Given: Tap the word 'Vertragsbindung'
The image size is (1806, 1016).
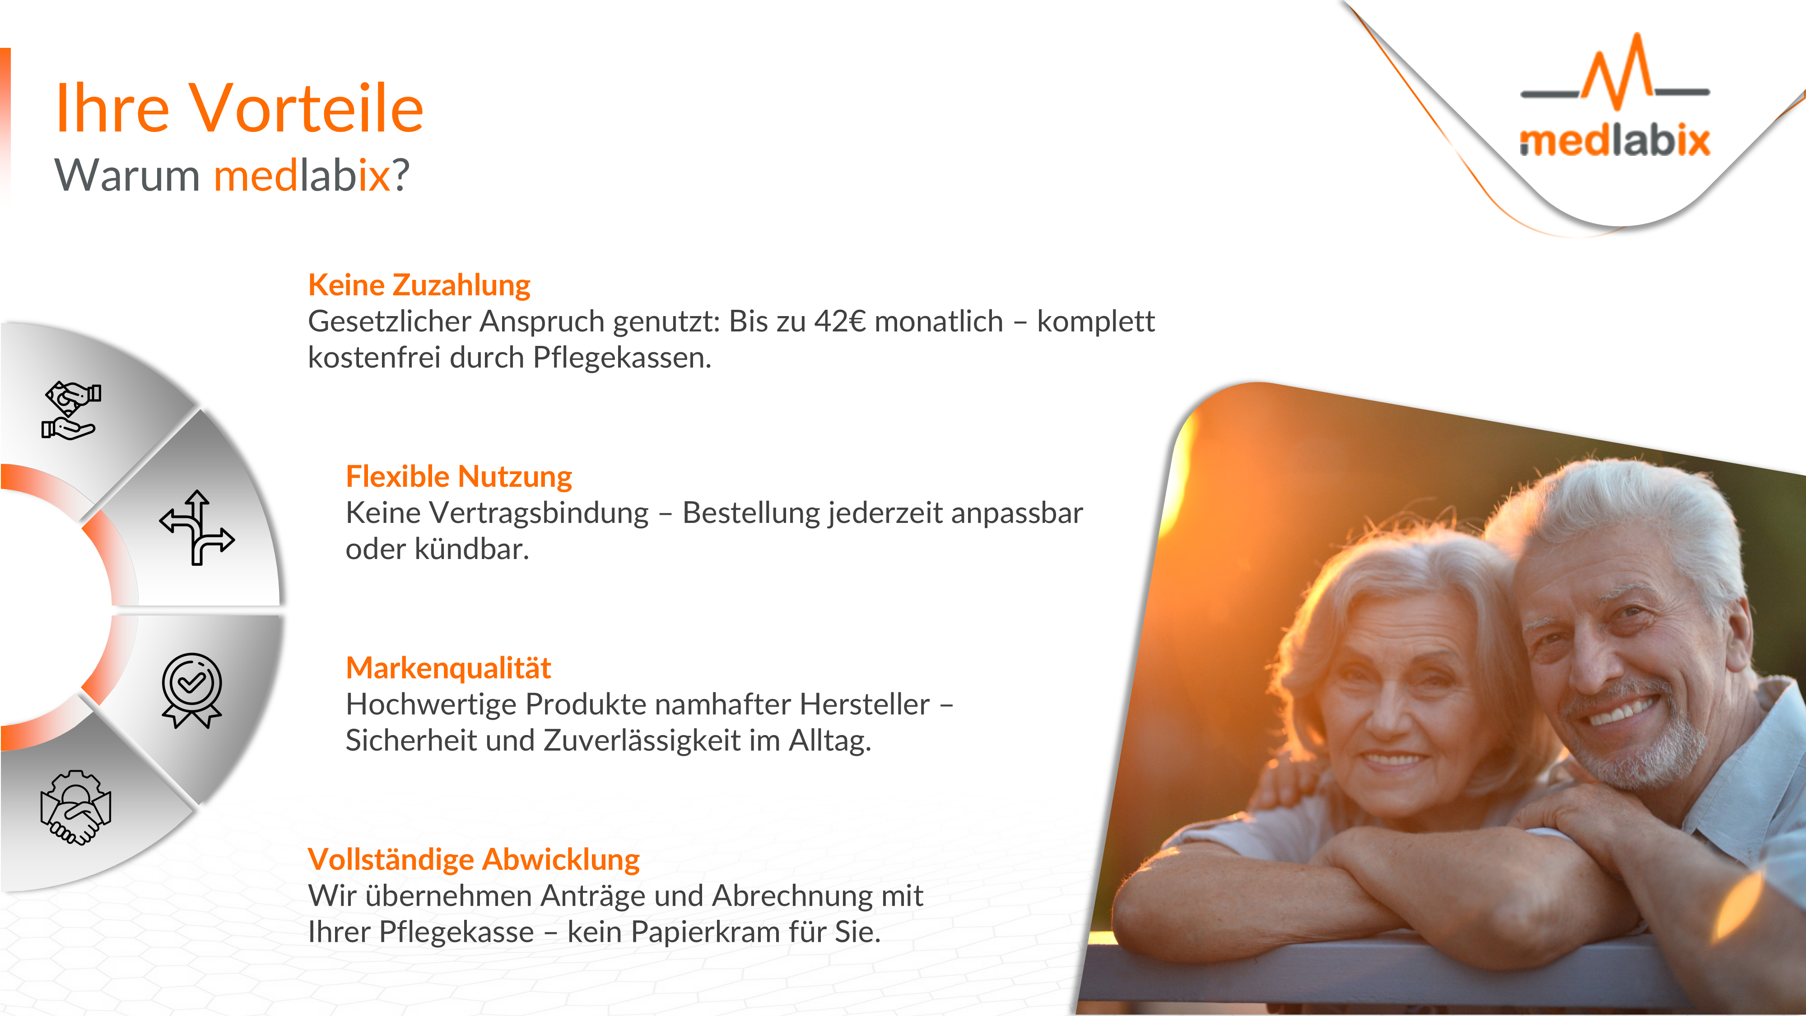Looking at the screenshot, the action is tap(539, 513).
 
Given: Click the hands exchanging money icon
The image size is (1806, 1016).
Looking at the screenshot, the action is tap(71, 410).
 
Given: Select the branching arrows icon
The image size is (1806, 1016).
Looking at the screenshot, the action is tap(197, 527).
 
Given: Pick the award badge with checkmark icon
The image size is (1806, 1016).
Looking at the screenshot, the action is tap(191, 691).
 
